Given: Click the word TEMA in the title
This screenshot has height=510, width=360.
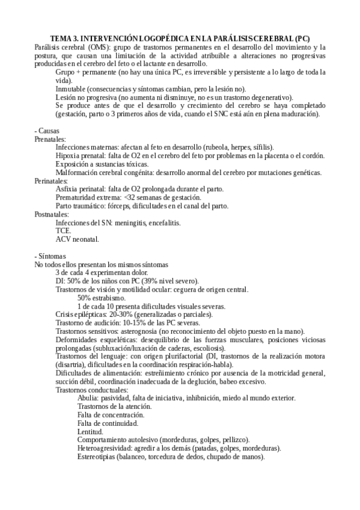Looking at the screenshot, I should (61, 38).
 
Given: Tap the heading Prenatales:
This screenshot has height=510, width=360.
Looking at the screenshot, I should (50, 139).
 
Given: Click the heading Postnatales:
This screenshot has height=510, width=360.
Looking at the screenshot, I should (52, 214).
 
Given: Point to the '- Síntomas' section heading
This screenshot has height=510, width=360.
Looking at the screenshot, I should (51, 256).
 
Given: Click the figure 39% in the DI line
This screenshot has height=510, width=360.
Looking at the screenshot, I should (141, 281).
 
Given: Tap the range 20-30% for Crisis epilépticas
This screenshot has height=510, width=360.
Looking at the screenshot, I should (115, 315).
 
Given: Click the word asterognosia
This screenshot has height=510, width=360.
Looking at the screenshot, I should (135, 331).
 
